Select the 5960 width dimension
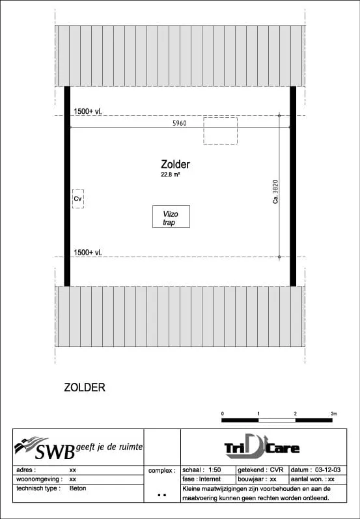(180, 124)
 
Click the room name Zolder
(175, 165)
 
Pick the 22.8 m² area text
(171, 175)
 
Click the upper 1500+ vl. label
(88, 112)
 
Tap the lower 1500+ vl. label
(88, 253)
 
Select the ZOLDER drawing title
(85, 387)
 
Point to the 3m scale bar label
(334, 414)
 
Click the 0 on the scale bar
(223, 414)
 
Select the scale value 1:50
(215, 470)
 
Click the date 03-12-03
(328, 470)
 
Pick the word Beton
(77, 488)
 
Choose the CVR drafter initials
(277, 470)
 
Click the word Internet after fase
(210, 479)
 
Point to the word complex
(161, 471)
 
